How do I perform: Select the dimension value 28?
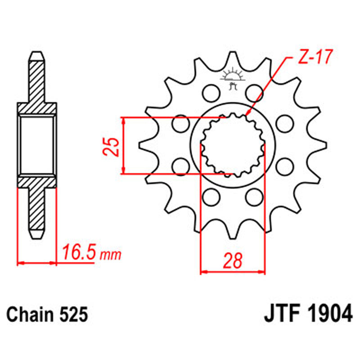coord(233,261)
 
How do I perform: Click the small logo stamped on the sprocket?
coord(233,76)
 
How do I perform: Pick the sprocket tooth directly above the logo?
coord(233,58)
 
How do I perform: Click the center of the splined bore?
coord(233,145)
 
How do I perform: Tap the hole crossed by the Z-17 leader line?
coord(255,94)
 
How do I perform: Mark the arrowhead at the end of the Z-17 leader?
coord(247,113)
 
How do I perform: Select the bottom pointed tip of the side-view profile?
coord(38,238)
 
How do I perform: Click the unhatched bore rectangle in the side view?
coord(38,145)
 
